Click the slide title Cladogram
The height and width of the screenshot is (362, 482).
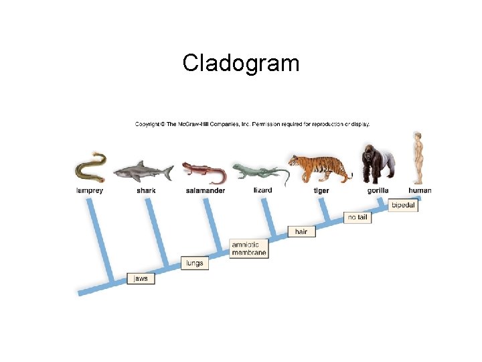click(241, 63)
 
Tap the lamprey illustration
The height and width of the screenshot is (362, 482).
click(91, 169)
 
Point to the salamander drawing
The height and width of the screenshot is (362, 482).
click(204, 172)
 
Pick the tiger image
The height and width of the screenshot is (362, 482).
click(320, 168)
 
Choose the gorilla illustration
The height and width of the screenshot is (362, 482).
click(377, 163)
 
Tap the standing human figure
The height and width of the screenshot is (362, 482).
click(418, 158)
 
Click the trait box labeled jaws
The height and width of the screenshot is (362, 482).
click(141, 278)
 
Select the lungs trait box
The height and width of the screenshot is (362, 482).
click(194, 263)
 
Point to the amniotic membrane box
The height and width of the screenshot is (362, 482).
click(249, 249)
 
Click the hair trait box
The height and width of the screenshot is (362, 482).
click(301, 231)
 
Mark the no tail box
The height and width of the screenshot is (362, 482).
click(357, 217)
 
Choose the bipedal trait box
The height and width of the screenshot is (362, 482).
click(403, 205)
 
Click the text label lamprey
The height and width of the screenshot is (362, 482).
click(89, 190)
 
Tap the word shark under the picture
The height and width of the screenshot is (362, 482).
click(146, 190)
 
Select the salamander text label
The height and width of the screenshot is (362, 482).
click(206, 190)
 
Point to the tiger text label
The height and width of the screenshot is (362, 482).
click(321, 190)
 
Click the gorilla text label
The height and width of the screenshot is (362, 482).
click(378, 190)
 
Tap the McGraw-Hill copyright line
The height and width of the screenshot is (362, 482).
click(252, 124)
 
